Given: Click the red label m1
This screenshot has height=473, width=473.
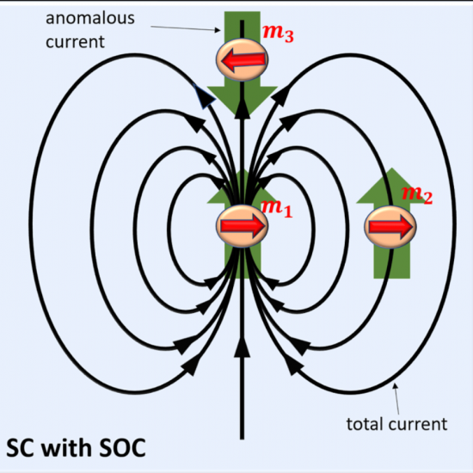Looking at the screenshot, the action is [x=276, y=208].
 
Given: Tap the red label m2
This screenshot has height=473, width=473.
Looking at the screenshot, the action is [x=417, y=194].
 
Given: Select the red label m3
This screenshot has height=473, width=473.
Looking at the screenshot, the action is [x=278, y=33].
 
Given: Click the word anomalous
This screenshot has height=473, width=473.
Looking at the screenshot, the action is [x=90, y=18].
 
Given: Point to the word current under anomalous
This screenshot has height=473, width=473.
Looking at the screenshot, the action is [x=75, y=41].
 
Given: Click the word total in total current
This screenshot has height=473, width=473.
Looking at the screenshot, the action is [x=365, y=424].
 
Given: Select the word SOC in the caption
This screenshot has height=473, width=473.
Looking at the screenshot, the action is [x=122, y=448].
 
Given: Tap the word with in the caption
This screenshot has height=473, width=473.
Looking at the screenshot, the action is [x=65, y=447].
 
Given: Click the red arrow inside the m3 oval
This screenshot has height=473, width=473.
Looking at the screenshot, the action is [x=243, y=59].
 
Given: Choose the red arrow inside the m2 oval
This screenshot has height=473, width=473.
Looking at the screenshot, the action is [x=390, y=227].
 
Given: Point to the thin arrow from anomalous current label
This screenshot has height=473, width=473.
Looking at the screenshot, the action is [x=186, y=28].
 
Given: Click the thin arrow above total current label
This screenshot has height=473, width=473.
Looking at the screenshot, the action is [x=396, y=398].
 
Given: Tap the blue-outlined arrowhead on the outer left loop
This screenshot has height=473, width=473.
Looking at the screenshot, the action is [x=204, y=96].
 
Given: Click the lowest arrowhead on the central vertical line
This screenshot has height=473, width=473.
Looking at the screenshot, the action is [x=242, y=347].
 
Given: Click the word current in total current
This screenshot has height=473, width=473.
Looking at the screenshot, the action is [x=418, y=424].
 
